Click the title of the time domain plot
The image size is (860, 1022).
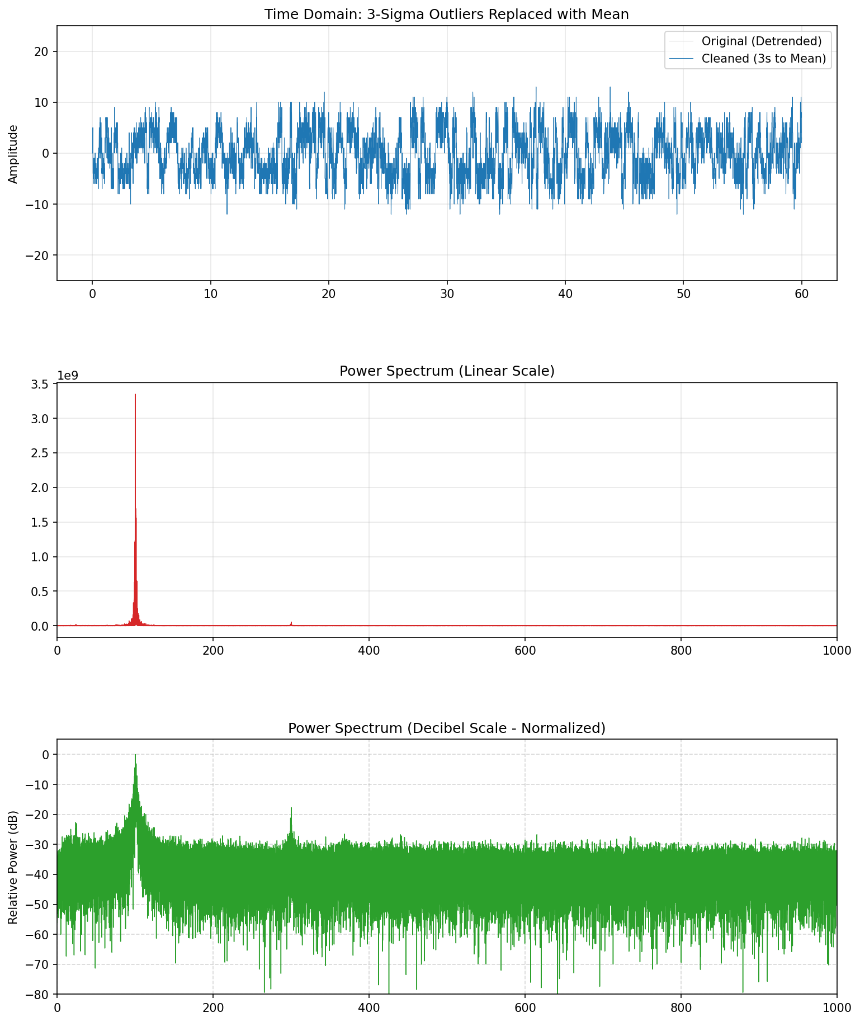[x=446, y=15]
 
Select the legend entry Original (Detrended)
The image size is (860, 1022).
[x=761, y=41]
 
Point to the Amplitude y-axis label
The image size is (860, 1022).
[x=13, y=154]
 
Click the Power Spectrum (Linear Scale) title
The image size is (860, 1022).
[x=446, y=371]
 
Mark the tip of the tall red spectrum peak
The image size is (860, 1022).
[x=135, y=395]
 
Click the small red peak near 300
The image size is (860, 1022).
[x=291, y=622]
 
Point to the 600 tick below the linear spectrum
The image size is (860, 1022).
[x=524, y=650]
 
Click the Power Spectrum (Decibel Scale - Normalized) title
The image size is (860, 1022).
[x=446, y=728]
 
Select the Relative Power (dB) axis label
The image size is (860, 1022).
[x=13, y=867]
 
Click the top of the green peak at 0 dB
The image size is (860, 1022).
[x=135, y=755]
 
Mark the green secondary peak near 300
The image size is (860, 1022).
[x=291, y=808]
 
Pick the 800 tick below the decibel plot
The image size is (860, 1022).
[x=681, y=1007]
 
